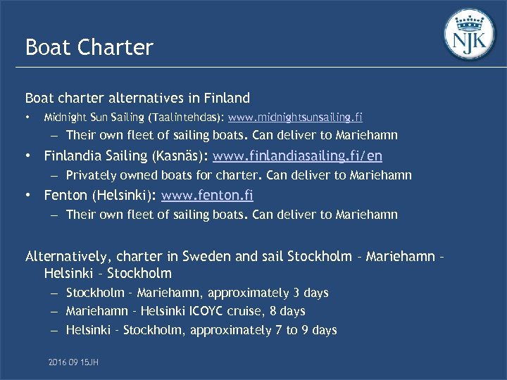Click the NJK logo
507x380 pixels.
coord(470,36)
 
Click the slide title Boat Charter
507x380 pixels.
coord(89,47)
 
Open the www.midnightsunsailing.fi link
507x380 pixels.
coord(296,117)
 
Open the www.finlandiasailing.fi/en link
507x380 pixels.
coord(297,155)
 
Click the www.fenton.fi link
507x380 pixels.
coord(207,194)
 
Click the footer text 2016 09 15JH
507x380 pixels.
coord(73,361)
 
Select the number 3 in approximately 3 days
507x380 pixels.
coord(296,293)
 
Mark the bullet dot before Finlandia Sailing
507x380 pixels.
coord(27,155)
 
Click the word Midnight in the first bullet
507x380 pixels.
coord(61,117)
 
